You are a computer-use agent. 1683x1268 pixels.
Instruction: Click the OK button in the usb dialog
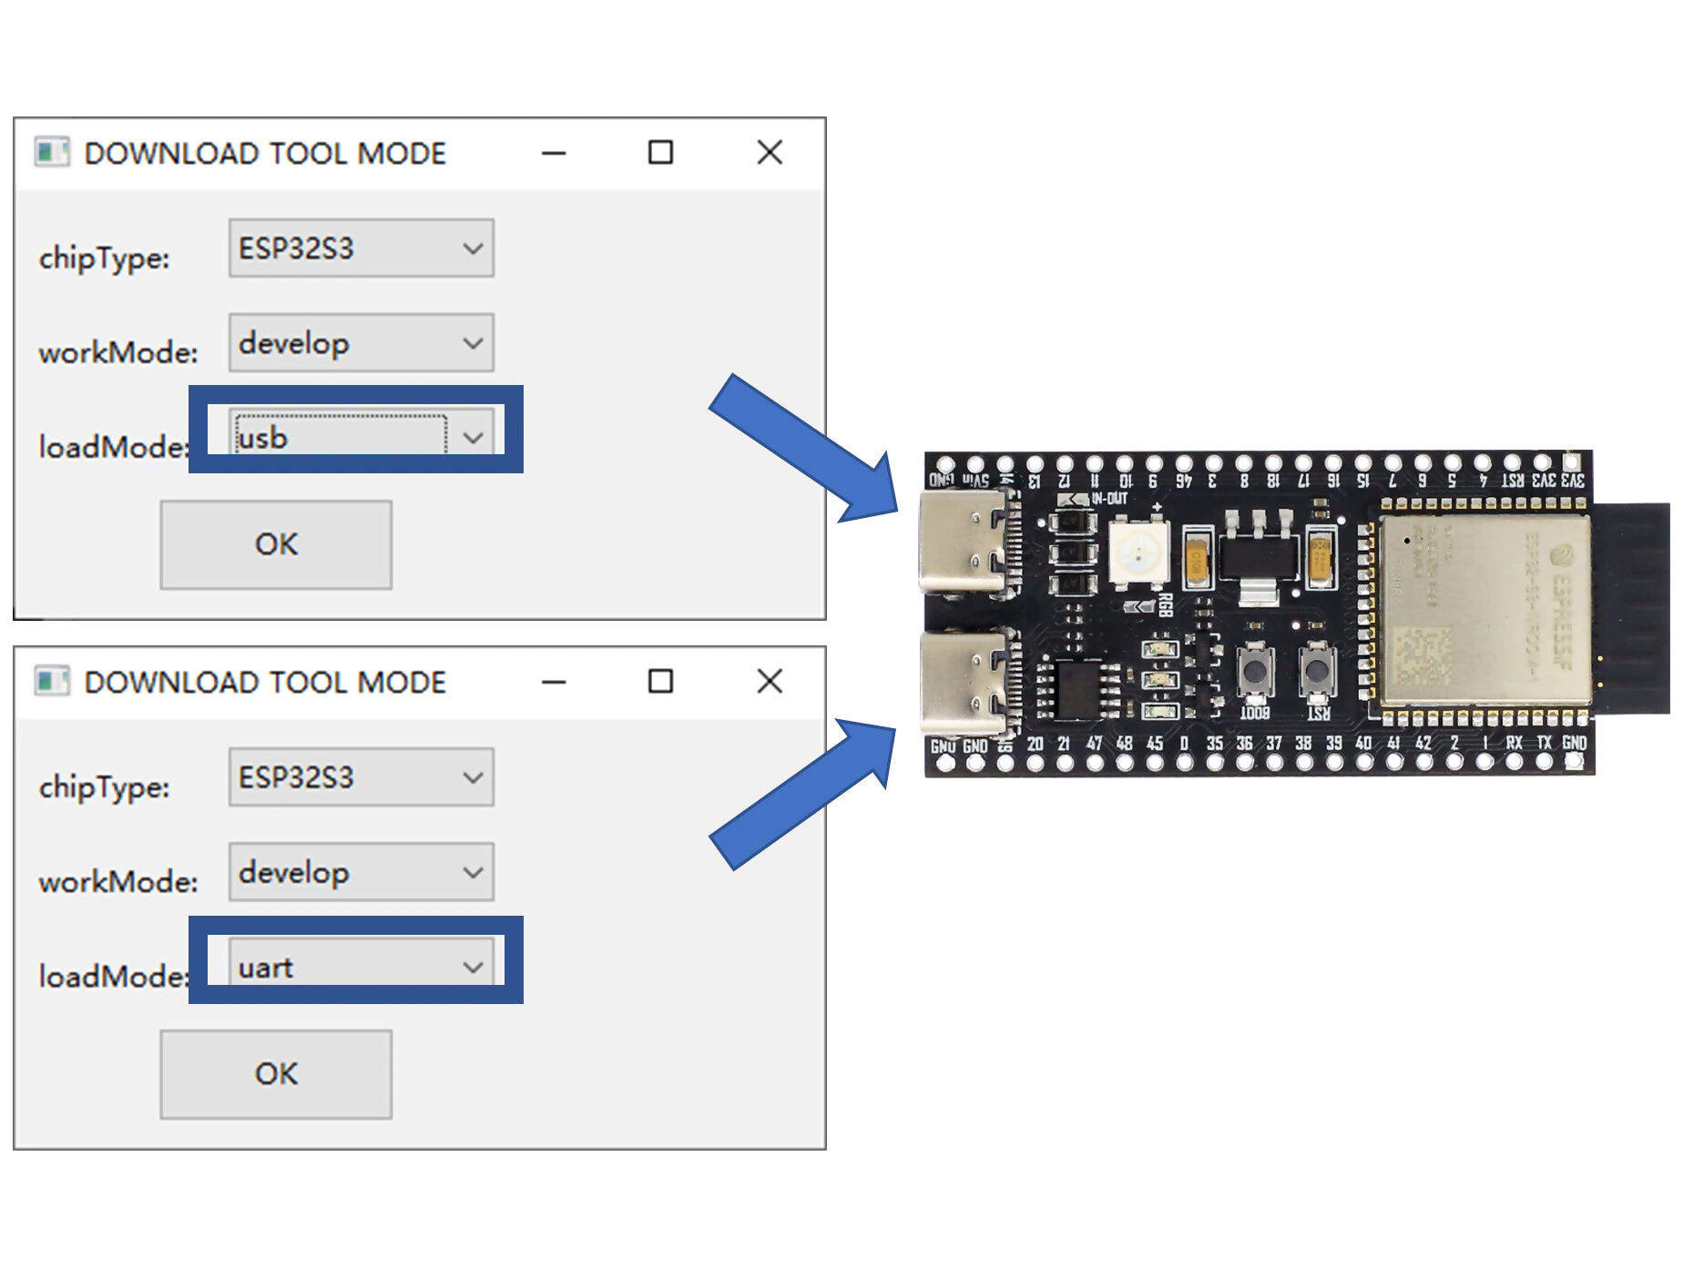coord(276,544)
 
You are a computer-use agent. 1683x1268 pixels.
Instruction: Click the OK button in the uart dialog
coord(276,1074)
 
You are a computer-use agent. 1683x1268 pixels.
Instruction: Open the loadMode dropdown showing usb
coord(361,437)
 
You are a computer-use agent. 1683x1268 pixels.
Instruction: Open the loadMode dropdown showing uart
coord(361,967)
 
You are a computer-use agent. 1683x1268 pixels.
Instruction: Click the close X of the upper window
coord(770,152)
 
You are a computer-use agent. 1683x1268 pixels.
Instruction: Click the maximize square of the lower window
coord(660,681)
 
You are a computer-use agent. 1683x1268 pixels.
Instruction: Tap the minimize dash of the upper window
coord(554,153)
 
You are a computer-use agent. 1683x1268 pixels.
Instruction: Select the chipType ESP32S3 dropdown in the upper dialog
coord(361,248)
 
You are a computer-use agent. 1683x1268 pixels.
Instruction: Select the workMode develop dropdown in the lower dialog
coord(361,872)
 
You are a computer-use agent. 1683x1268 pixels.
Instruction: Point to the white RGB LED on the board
coord(1138,551)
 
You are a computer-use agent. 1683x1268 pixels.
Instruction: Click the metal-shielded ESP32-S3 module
coord(1484,610)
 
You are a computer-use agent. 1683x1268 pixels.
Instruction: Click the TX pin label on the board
coord(1545,743)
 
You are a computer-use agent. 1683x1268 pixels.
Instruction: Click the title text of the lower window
coord(265,682)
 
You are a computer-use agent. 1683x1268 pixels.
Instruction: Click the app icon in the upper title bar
coord(51,152)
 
